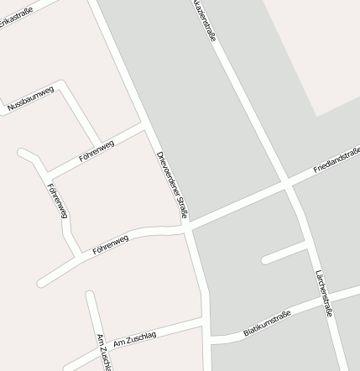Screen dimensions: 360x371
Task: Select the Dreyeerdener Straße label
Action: point(173,184)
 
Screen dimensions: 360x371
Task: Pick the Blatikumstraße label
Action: point(267,323)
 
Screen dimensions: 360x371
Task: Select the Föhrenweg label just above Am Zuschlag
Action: point(111,245)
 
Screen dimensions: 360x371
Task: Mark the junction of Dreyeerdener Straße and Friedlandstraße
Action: point(187,225)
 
